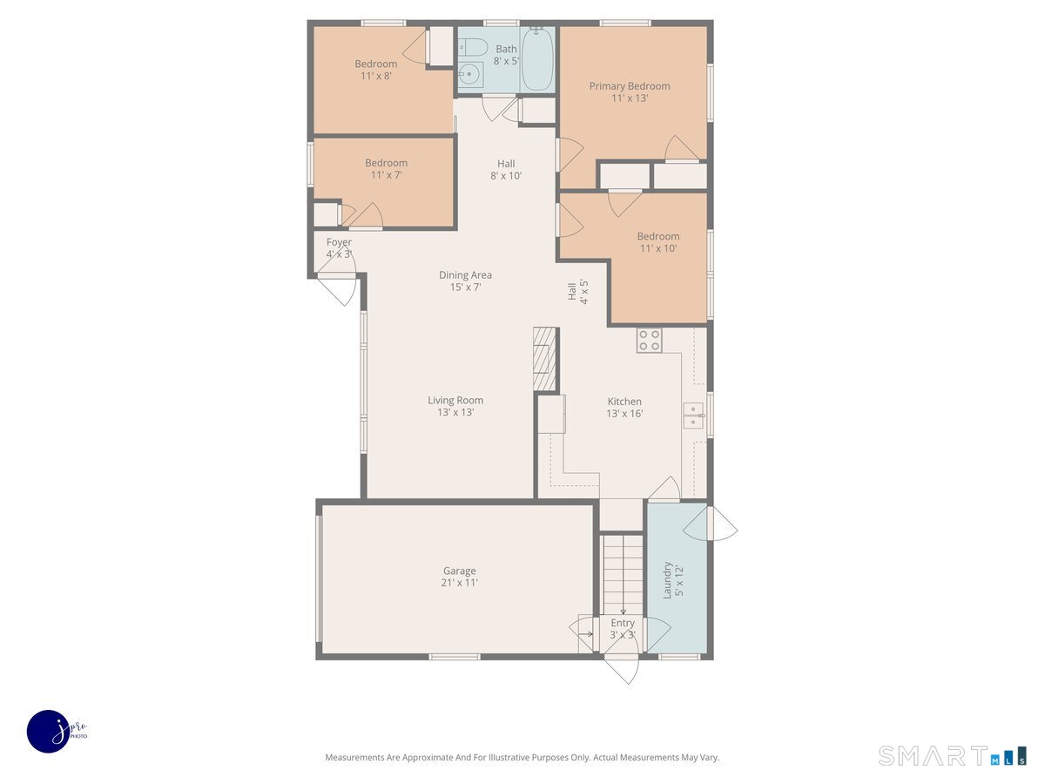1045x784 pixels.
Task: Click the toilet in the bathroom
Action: [x=473, y=48]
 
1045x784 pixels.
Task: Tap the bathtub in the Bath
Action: [x=537, y=59]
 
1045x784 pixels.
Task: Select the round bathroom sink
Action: [x=470, y=74]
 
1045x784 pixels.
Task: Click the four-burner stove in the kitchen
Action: [x=650, y=341]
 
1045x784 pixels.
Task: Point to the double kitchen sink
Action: [x=693, y=416]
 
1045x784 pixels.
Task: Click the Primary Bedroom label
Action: [x=630, y=91]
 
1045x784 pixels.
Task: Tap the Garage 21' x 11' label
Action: [x=460, y=577]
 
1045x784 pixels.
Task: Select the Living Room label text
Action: [x=455, y=406]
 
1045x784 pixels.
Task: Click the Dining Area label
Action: [x=465, y=280]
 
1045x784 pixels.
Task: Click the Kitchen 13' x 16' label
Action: [x=624, y=408]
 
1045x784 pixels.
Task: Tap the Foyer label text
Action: [x=339, y=248]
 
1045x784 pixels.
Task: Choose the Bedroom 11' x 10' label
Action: [x=658, y=242]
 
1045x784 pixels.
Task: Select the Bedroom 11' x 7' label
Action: [x=386, y=168]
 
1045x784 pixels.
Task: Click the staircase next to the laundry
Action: [x=623, y=575]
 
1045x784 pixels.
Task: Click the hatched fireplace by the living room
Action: [x=544, y=359]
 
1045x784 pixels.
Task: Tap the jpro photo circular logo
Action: [x=50, y=732]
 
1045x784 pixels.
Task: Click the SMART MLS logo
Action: [x=952, y=755]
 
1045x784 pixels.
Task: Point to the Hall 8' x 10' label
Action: [x=506, y=170]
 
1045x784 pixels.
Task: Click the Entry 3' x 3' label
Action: [x=623, y=629]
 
